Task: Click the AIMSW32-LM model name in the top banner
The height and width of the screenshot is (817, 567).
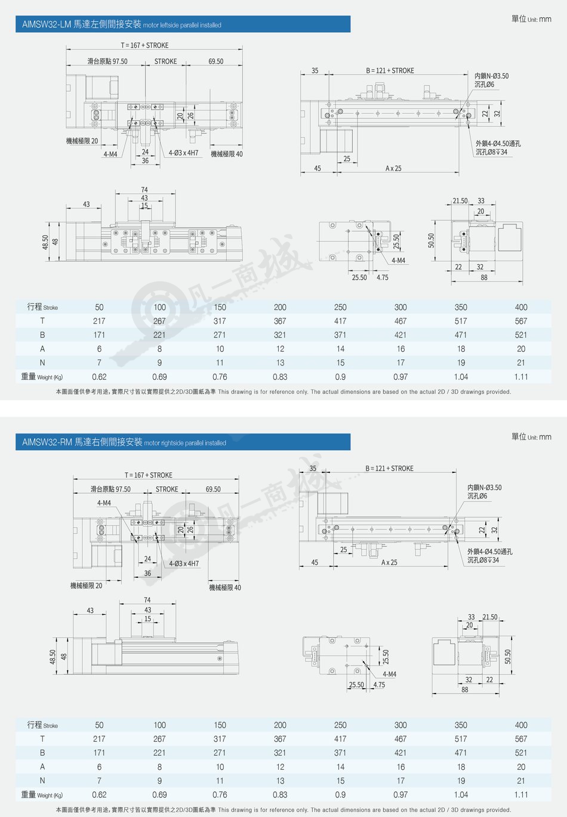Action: (x=47, y=24)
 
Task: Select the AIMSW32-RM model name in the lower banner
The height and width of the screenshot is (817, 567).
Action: (x=47, y=442)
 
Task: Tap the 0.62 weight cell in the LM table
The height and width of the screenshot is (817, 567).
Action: (x=99, y=377)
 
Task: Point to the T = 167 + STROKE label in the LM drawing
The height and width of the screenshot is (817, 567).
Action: (x=144, y=45)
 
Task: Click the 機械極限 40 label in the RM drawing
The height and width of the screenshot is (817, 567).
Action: (x=225, y=587)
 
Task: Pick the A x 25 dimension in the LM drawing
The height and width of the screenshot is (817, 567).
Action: (x=393, y=168)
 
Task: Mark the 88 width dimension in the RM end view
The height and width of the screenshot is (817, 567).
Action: (x=464, y=689)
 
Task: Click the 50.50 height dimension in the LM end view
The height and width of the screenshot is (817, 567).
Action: (x=431, y=241)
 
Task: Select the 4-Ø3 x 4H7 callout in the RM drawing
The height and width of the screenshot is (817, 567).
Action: (x=184, y=564)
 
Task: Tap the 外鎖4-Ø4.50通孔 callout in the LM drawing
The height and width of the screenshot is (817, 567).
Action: (x=498, y=143)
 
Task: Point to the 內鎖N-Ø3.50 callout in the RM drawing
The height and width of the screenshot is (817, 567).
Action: (x=485, y=487)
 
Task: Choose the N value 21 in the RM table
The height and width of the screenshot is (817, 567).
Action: (x=521, y=780)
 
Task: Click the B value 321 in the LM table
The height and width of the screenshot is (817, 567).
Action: (x=280, y=335)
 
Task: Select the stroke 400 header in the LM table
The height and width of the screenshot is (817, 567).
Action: (x=521, y=307)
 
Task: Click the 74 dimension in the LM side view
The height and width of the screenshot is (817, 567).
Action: (x=144, y=190)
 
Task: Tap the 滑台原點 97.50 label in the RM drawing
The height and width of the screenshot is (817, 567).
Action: (x=110, y=489)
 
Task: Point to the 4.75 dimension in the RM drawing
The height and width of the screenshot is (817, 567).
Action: (x=379, y=685)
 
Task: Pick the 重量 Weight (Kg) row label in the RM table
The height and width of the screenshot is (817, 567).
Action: (x=42, y=794)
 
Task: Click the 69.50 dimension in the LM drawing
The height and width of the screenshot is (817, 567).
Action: (x=216, y=61)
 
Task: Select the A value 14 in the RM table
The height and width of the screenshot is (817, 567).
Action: (x=340, y=767)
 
